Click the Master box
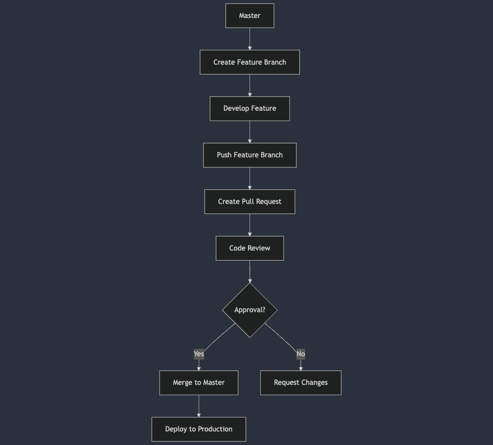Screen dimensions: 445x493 pyautogui.click(x=250, y=16)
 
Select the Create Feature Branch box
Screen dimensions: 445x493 pyautogui.click(x=250, y=62)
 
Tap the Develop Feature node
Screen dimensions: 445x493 pyautogui.click(x=250, y=108)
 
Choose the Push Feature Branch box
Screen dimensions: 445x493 pyautogui.click(x=250, y=155)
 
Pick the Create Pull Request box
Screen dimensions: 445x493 pyautogui.click(x=250, y=201)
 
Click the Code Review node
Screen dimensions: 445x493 pyautogui.click(x=250, y=248)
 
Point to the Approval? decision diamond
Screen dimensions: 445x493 pyautogui.click(x=250, y=310)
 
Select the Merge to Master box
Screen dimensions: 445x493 pyautogui.click(x=198, y=382)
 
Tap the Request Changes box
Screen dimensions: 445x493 pyautogui.click(x=301, y=382)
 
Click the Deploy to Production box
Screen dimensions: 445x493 pyautogui.click(x=198, y=429)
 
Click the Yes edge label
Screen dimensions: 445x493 pyautogui.click(x=199, y=354)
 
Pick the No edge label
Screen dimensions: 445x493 pyautogui.click(x=301, y=354)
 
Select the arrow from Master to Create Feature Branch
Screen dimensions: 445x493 pyautogui.click(x=250, y=39)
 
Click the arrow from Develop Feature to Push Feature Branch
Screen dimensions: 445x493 pyautogui.click(x=250, y=132)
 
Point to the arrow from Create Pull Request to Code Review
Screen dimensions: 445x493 pyautogui.click(x=250, y=225)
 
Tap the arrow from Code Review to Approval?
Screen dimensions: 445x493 pyautogui.click(x=250, y=272)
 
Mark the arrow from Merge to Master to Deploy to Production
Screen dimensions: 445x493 pyautogui.click(x=199, y=406)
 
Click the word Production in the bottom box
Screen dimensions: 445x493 pyautogui.click(x=215, y=429)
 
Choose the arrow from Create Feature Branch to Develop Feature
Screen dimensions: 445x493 pyautogui.click(x=250, y=85)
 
